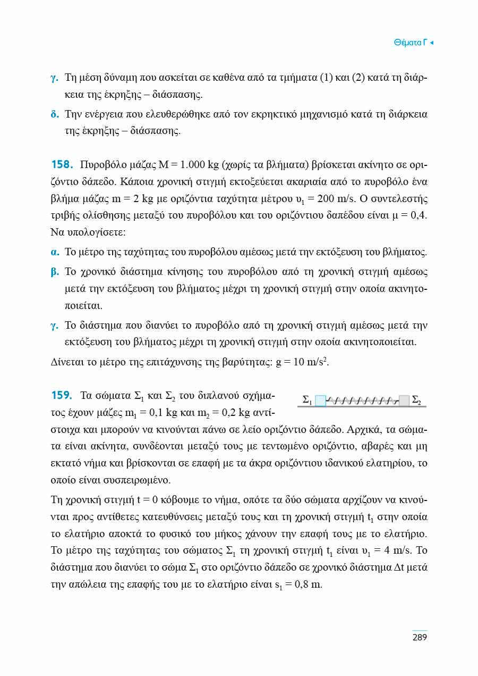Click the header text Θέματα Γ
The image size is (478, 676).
pos(411,42)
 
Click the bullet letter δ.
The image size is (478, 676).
pos(54,114)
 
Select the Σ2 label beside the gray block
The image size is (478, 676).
pos(417,399)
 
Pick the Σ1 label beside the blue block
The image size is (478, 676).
pos(307,399)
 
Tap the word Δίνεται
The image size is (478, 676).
pos(67,363)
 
